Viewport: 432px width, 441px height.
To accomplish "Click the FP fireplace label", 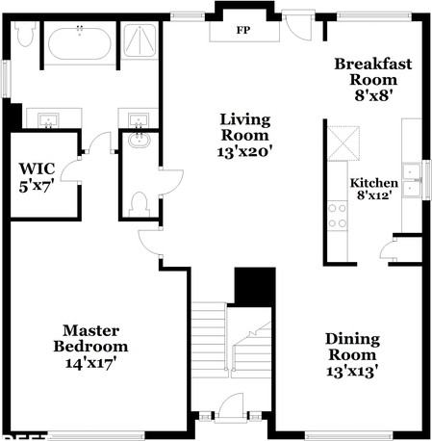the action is pyautogui.click(x=243, y=30).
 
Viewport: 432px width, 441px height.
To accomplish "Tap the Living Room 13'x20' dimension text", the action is pyautogui.click(x=245, y=151).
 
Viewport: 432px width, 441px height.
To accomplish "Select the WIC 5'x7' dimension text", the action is pyautogui.click(x=36, y=186).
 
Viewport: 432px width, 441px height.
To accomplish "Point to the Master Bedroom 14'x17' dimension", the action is pyautogui.click(x=90, y=363).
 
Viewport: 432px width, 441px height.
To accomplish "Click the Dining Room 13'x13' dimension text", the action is pyautogui.click(x=351, y=372).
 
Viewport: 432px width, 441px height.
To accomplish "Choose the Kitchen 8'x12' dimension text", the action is pyautogui.click(x=374, y=195).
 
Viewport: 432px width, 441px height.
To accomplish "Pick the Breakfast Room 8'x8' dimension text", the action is pyautogui.click(x=374, y=95).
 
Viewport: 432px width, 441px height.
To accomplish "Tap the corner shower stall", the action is pyautogui.click(x=140, y=40).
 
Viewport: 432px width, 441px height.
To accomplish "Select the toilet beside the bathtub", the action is pyautogui.click(x=25, y=34).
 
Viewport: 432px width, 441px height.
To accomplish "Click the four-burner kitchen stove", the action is pyautogui.click(x=338, y=216).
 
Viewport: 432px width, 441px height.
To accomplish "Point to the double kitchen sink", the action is pyautogui.click(x=412, y=180).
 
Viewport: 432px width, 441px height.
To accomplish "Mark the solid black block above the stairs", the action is pyautogui.click(x=255, y=287).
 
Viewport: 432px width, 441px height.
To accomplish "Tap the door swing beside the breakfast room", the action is pyautogui.click(x=299, y=27).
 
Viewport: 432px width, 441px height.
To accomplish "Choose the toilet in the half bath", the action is pyautogui.click(x=140, y=204).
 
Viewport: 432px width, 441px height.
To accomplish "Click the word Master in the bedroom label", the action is pyautogui.click(x=90, y=330).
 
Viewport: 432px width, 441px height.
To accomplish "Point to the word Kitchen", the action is pyautogui.click(x=374, y=183).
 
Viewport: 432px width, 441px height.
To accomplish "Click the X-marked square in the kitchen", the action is pyautogui.click(x=343, y=143).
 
